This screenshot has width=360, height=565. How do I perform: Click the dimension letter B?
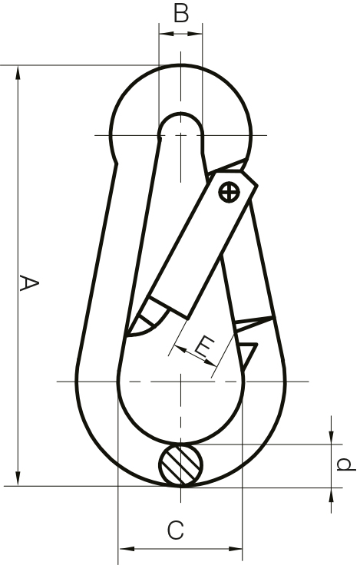pos(180,14)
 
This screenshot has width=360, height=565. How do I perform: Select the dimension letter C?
pos(176,530)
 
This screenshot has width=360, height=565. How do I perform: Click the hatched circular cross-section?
pos(181,464)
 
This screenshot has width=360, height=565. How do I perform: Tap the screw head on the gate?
pos(228,192)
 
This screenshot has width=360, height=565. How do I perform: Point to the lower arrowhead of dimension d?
pos(332,492)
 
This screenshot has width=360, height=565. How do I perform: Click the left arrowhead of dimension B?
pos(163,32)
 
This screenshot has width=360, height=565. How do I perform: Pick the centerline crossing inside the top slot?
pos(180,135)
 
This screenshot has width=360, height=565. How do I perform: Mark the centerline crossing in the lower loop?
pos(180,382)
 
